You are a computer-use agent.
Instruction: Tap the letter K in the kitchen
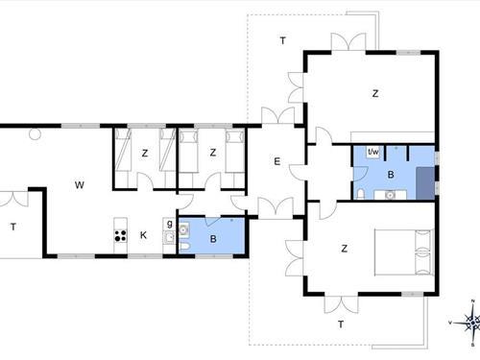coord(143,234)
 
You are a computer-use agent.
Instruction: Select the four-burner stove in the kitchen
coord(121,233)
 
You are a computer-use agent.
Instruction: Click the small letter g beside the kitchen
coord(169,224)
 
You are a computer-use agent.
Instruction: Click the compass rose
coord(470,324)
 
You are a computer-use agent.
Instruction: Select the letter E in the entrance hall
coord(276,161)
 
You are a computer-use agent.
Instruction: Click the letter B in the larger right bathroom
coord(391,175)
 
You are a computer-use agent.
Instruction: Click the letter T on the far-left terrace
coord(13,228)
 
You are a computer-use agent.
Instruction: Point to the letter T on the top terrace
coord(282,40)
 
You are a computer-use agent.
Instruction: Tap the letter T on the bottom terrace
coord(340,324)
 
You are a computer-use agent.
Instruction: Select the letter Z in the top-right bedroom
coord(375,93)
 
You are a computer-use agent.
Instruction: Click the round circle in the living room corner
coord(35,134)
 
